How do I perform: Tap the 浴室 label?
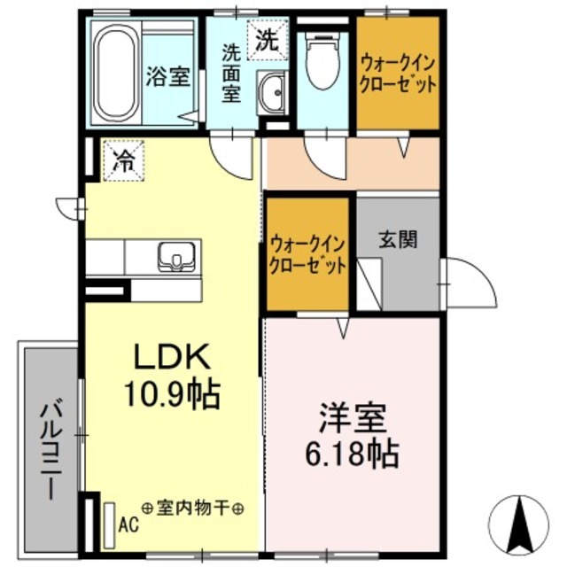pyautogui.click(x=167, y=75)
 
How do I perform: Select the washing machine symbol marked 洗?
pyautogui.click(x=266, y=39)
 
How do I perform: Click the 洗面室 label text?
pyautogui.click(x=231, y=74)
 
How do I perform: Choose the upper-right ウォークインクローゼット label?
pyautogui.click(x=398, y=74)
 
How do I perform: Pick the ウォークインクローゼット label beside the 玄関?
pyautogui.click(x=307, y=254)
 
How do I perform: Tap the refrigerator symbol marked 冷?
pyautogui.click(x=124, y=161)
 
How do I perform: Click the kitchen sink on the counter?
pyautogui.click(x=179, y=257)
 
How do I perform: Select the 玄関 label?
pyautogui.click(x=399, y=239)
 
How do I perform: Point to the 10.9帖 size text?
pyautogui.click(x=173, y=393)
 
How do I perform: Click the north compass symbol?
pyautogui.click(x=519, y=525)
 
